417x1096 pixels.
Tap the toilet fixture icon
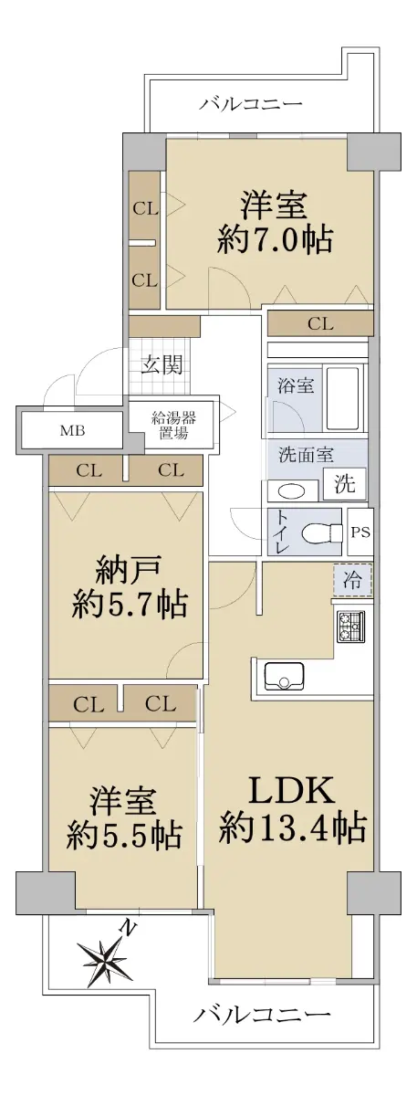click(x=321, y=532)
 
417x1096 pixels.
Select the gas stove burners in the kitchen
click(x=349, y=627)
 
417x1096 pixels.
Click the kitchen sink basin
click(x=284, y=676)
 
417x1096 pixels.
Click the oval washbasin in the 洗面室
click(x=291, y=490)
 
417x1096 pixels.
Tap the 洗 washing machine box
click(x=345, y=483)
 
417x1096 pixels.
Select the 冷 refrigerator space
click(x=352, y=580)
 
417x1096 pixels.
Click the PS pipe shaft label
click(x=360, y=532)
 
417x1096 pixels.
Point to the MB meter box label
click(x=72, y=431)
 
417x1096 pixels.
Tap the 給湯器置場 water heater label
click(x=173, y=426)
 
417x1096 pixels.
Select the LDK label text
click(x=292, y=789)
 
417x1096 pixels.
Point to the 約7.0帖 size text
click(x=275, y=239)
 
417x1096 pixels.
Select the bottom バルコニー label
click(x=262, y=1051)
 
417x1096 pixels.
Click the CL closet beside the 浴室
click(x=320, y=324)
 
